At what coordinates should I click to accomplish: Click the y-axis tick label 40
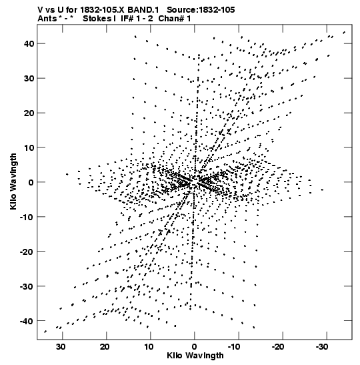(x=29, y=43)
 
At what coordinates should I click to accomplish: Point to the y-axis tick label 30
(x=29, y=78)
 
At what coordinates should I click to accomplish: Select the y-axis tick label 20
(x=29, y=113)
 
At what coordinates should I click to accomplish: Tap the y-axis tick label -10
(x=27, y=217)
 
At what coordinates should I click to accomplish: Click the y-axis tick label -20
(x=27, y=252)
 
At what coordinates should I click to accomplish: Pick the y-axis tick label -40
(x=27, y=321)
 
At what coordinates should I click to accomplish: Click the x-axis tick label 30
(x=61, y=347)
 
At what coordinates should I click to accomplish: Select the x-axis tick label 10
(x=149, y=347)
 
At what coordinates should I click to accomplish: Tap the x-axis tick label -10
(x=234, y=347)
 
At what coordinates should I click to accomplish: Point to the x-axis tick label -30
(x=322, y=347)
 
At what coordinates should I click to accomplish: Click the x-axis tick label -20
(x=278, y=347)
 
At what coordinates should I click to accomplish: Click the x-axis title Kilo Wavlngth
(x=195, y=356)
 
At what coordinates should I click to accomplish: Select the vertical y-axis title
(x=13, y=181)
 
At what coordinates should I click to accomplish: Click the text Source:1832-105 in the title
(x=201, y=10)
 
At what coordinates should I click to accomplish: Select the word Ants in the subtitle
(x=47, y=19)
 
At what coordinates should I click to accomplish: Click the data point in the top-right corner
(x=344, y=33)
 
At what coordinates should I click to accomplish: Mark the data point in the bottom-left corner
(x=45, y=332)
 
